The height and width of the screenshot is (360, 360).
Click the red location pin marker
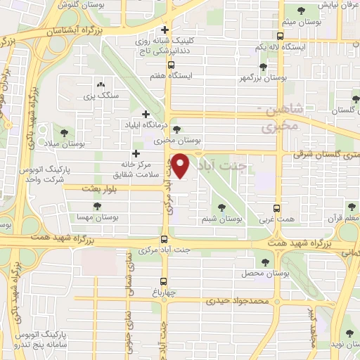181,165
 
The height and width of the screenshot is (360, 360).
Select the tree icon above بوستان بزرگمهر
262,67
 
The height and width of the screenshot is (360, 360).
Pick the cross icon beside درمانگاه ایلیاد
146,114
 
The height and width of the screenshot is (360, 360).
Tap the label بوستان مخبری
177,140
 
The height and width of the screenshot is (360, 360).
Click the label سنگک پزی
97,94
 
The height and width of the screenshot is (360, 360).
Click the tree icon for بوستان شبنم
221,207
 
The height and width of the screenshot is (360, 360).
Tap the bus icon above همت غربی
276,208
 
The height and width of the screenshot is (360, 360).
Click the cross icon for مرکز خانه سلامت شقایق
136,153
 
